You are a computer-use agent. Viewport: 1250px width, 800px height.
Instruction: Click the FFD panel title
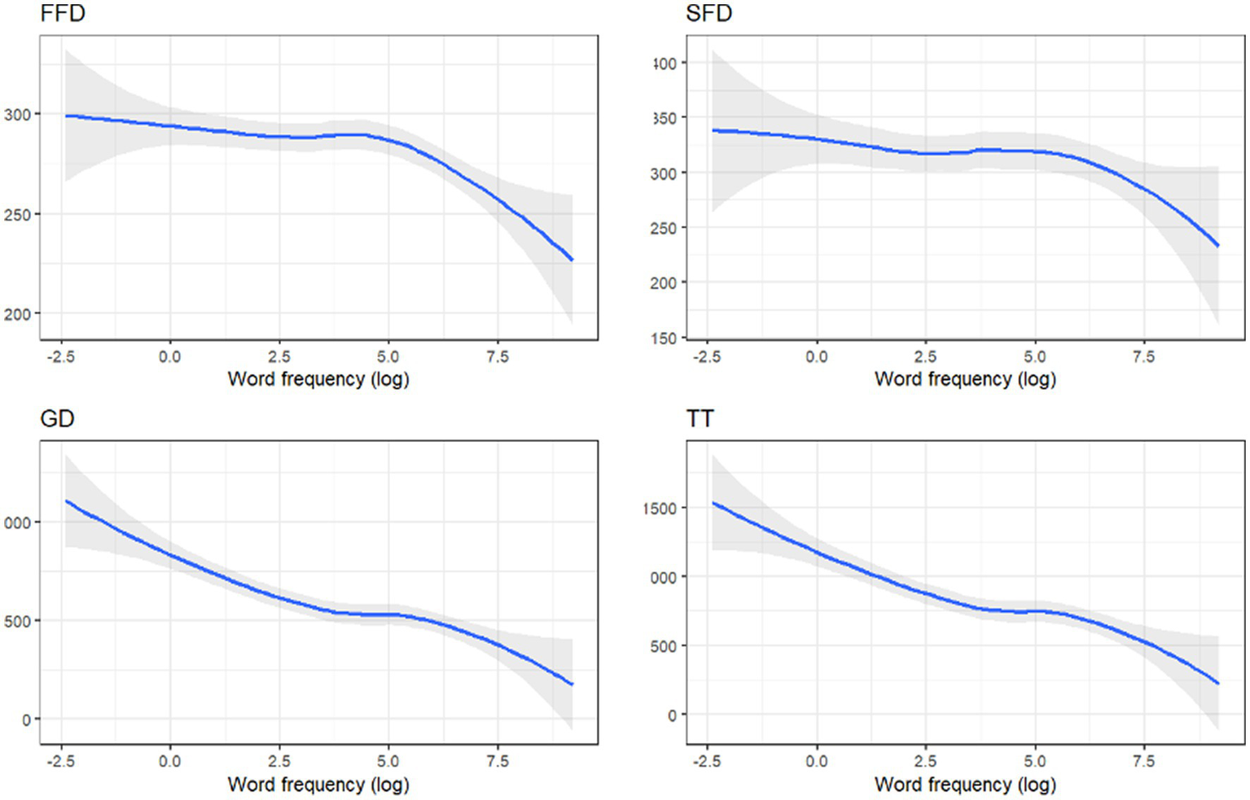click(x=63, y=14)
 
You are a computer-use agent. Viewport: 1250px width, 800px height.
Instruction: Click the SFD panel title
click(x=709, y=14)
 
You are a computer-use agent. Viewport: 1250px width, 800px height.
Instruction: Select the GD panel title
click(x=57, y=419)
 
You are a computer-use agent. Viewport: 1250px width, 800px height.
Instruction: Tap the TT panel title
click(x=700, y=419)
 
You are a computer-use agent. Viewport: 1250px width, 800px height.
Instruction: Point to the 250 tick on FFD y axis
click(x=17, y=215)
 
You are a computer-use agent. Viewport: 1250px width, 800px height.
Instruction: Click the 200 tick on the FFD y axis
click(x=17, y=314)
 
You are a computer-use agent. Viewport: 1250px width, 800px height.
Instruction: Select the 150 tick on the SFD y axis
click(x=664, y=338)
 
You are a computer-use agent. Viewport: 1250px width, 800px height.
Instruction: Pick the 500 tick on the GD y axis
click(x=17, y=621)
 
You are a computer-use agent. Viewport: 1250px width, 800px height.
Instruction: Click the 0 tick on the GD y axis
click(x=27, y=719)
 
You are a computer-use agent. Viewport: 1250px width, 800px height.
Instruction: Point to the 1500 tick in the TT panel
click(x=660, y=509)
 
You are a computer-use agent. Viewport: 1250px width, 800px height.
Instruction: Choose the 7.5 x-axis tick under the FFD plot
click(x=498, y=356)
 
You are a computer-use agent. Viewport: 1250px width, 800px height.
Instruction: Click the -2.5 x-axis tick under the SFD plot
click(x=705, y=356)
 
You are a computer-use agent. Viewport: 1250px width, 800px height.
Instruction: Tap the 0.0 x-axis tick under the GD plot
click(x=169, y=762)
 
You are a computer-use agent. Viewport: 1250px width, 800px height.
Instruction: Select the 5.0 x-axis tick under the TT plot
click(x=1035, y=762)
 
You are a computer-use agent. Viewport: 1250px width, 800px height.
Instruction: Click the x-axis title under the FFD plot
click(x=318, y=379)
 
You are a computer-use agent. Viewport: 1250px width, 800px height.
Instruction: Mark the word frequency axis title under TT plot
click(x=965, y=785)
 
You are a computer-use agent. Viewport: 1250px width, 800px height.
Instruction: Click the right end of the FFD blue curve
click(x=572, y=260)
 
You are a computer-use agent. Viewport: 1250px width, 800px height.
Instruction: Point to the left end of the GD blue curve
click(x=66, y=501)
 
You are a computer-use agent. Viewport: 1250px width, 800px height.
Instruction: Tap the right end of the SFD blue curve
click(x=1218, y=246)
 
